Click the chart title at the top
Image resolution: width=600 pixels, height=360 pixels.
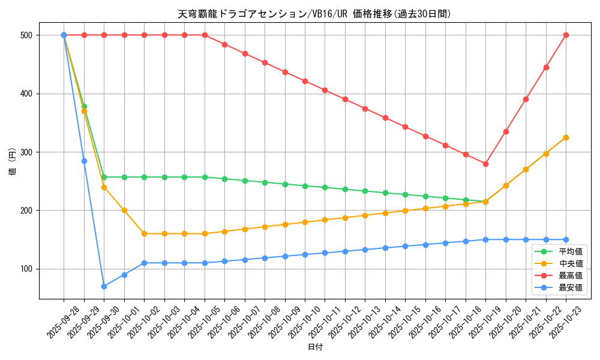tap(314, 14)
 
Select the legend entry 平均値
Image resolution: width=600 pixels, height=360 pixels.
tap(571, 251)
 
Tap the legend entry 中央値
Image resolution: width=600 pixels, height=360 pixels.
tap(571, 263)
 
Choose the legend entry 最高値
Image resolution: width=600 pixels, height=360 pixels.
tap(571, 275)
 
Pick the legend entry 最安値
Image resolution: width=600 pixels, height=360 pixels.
tap(571, 287)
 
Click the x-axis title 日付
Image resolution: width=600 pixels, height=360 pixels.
tap(315, 347)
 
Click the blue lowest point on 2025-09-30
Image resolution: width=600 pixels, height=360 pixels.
tap(104, 286)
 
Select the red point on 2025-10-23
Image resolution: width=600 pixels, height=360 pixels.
tap(566, 35)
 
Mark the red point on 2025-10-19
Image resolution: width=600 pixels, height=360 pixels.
tap(485, 164)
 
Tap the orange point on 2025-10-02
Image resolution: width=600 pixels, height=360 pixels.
tap(144, 233)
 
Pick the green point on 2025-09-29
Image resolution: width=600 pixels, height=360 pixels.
tap(84, 106)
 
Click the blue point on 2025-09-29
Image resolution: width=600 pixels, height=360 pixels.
tap(84, 161)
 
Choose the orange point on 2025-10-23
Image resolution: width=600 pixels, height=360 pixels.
tap(566, 137)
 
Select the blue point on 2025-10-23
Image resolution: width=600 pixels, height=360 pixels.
tap(566, 239)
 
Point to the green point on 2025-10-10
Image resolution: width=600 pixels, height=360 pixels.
tap(305, 186)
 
